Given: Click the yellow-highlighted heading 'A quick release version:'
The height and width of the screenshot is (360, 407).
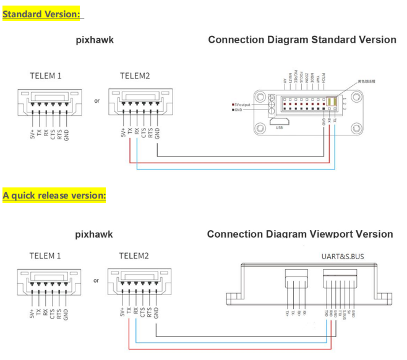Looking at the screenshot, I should pos(54,195).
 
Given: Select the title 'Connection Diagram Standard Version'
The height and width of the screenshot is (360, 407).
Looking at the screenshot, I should pos(302,40).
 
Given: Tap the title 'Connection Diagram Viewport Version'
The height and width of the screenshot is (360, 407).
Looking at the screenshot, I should pos(300,234).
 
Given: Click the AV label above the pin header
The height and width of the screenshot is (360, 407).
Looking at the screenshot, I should pos(284,81).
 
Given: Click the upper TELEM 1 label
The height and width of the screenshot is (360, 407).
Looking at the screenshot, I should pos(46,76).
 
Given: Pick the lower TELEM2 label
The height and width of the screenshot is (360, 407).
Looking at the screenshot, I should pos(134,255).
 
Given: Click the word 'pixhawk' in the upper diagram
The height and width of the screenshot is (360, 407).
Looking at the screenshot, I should pos(95,41).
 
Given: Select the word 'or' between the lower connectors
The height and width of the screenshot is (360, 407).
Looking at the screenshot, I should pos(96,280).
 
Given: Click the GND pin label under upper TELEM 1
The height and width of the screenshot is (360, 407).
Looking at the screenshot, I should pos(66,134).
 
